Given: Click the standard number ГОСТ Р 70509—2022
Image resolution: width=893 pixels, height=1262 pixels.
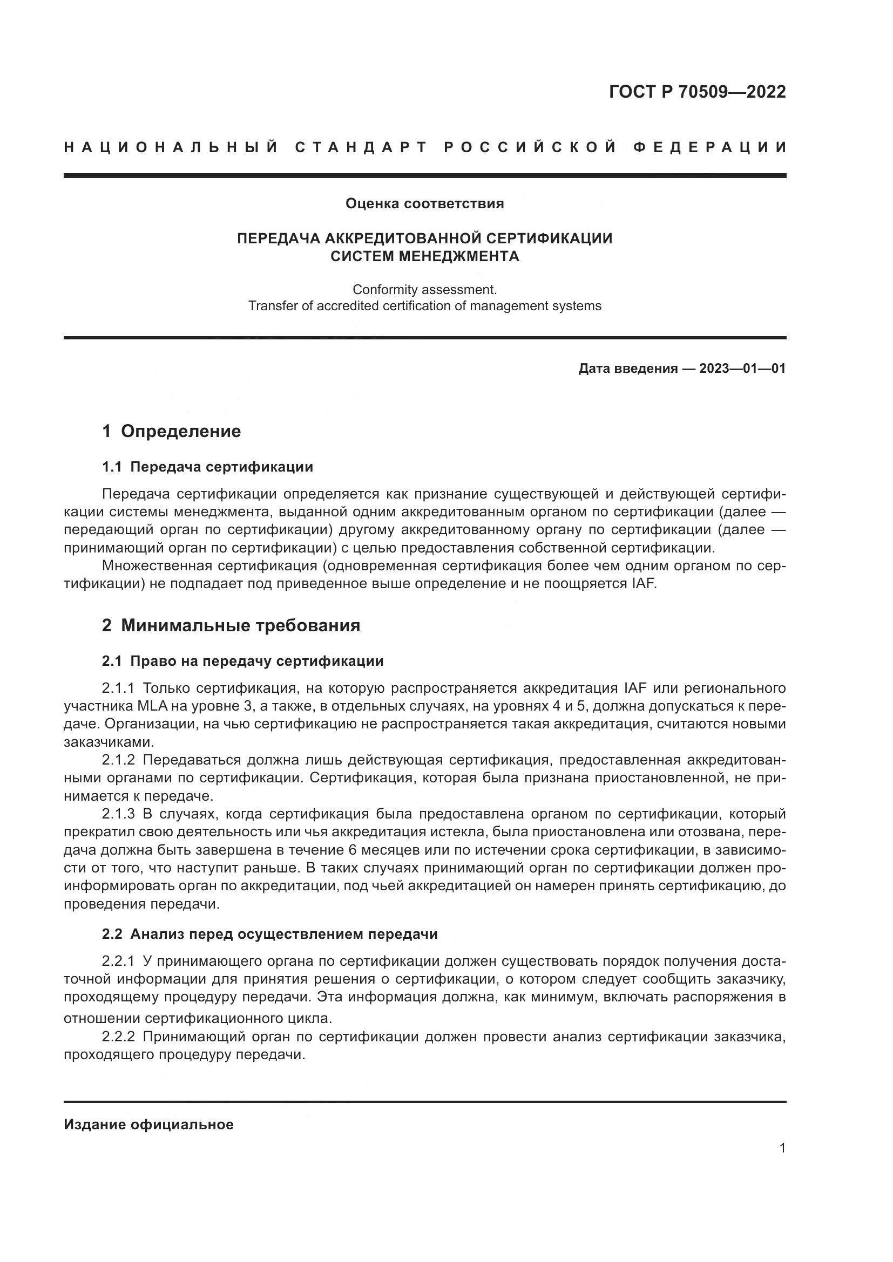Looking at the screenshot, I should [x=697, y=91].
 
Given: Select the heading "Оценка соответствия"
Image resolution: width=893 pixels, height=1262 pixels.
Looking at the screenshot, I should [x=424, y=204].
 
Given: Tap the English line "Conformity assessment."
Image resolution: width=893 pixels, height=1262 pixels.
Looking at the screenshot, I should [x=424, y=289].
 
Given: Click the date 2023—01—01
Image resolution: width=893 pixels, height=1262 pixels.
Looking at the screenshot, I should [x=742, y=369].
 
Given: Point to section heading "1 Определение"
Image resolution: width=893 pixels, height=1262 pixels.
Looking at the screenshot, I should [x=172, y=431].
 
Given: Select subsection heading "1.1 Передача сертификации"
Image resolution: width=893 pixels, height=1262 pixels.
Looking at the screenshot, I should [x=208, y=467].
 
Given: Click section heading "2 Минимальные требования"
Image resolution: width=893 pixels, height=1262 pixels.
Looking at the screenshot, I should [x=231, y=625].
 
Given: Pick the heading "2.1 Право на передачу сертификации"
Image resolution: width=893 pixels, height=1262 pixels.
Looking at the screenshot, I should [x=242, y=661].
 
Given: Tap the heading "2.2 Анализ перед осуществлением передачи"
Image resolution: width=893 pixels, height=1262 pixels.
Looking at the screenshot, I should [x=269, y=934].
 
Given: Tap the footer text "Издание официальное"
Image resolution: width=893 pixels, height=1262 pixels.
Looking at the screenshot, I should [x=148, y=1124].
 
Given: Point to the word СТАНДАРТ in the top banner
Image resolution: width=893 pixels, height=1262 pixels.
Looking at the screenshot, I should [x=361, y=147].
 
